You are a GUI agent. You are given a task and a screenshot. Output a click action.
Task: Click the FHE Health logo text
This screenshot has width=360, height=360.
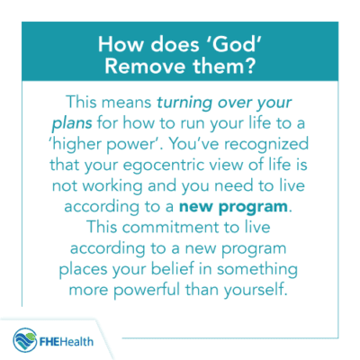click(x=71, y=341)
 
